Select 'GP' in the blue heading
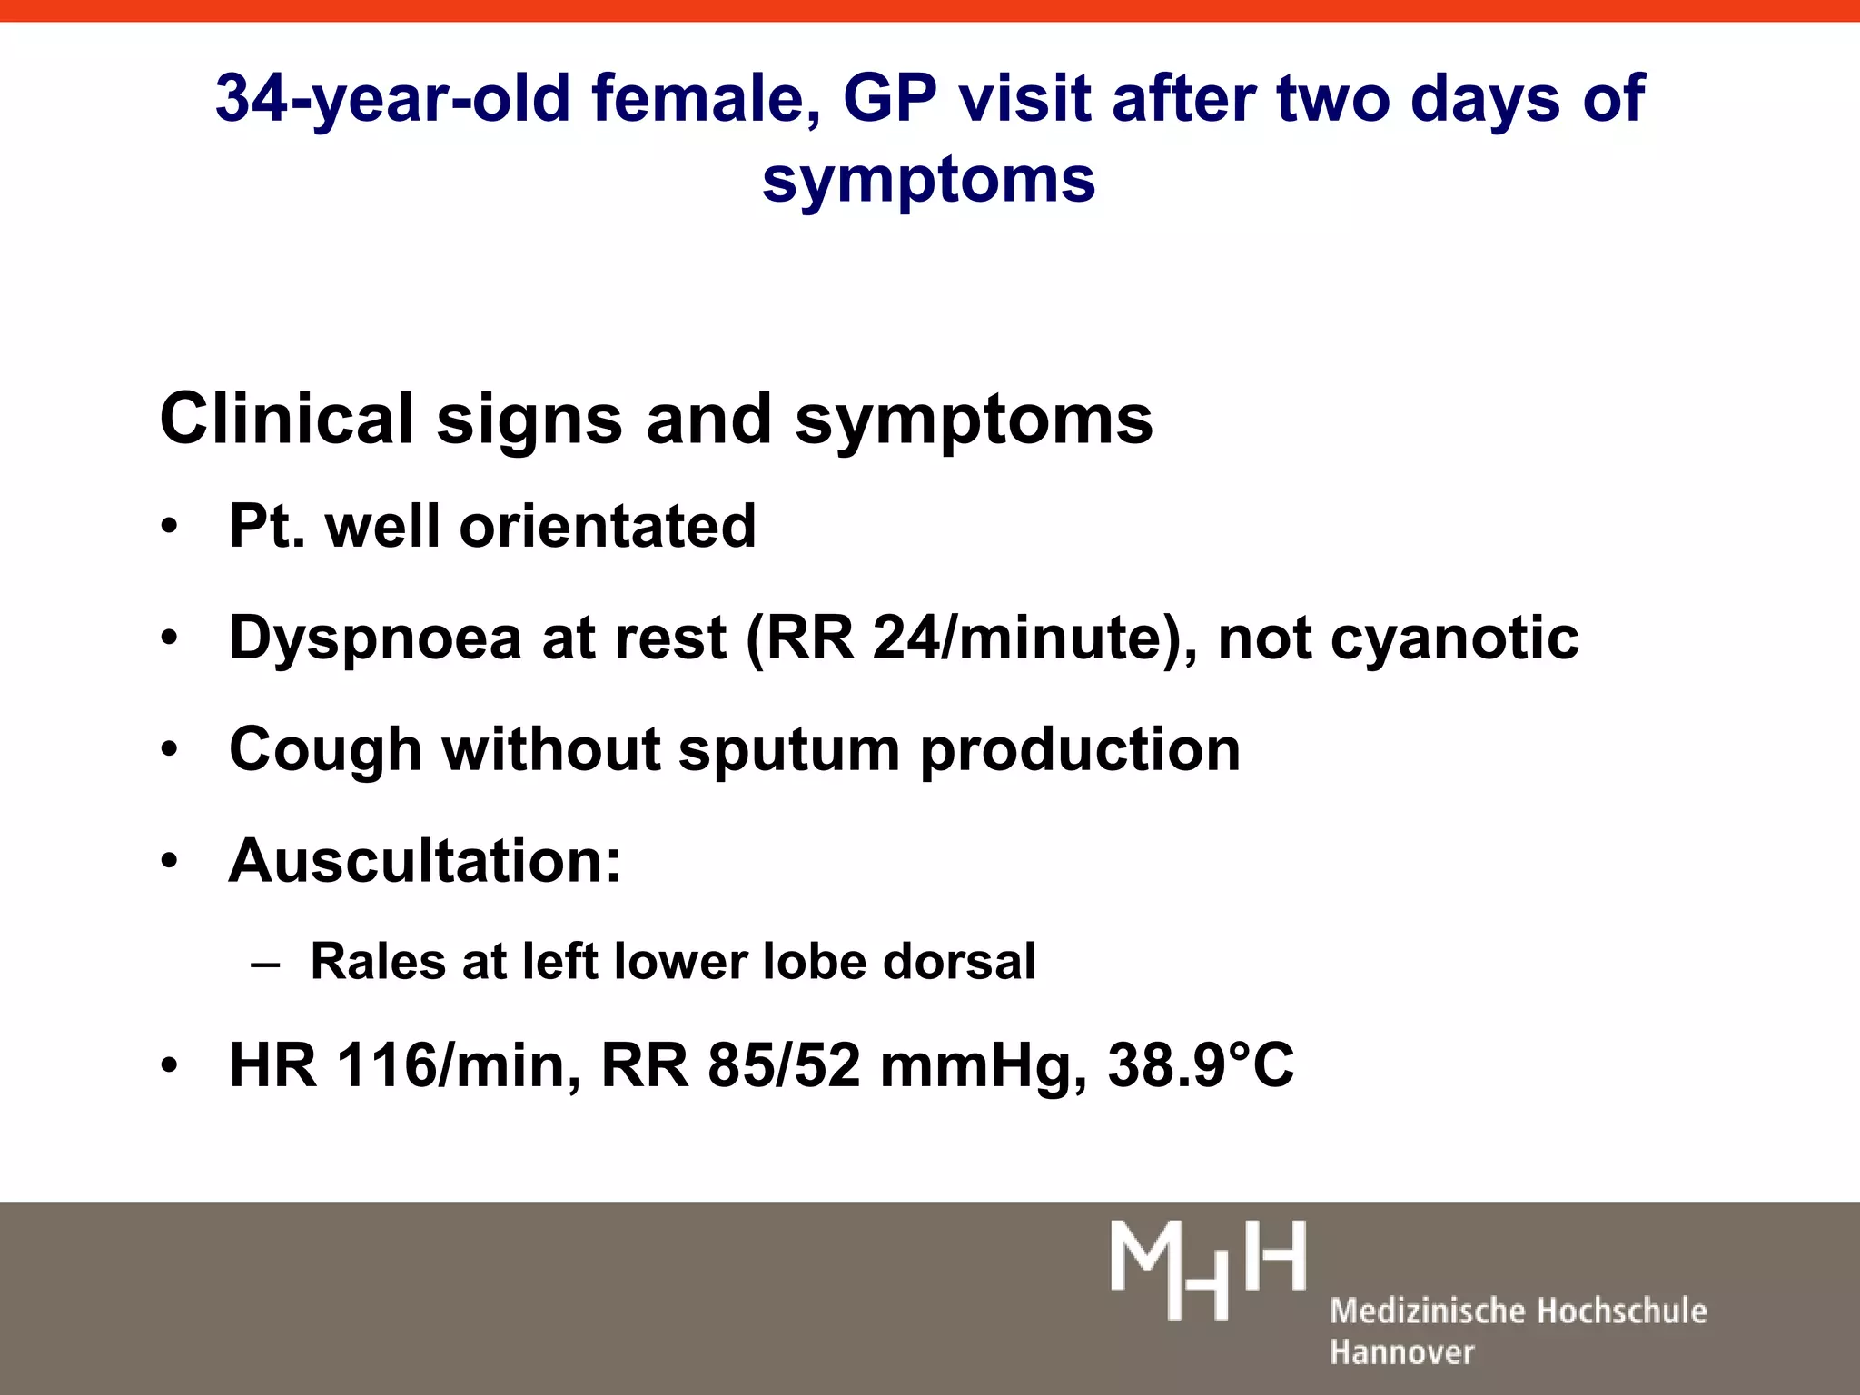click(889, 98)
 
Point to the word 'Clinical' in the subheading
click(286, 419)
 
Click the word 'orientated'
click(608, 526)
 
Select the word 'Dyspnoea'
click(375, 638)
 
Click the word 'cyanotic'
click(1454, 638)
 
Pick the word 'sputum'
click(787, 750)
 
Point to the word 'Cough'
click(325, 750)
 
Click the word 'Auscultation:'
click(425, 860)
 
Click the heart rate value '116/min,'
click(459, 1064)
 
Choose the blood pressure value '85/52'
click(784, 1064)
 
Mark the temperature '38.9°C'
click(1201, 1064)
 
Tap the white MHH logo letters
click(1208, 1270)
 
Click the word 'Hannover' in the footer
click(1401, 1352)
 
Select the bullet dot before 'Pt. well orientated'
click(169, 528)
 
